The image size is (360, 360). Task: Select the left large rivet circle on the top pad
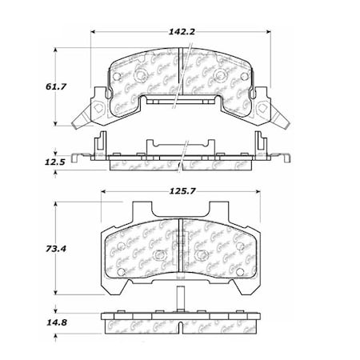tap(138, 77)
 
